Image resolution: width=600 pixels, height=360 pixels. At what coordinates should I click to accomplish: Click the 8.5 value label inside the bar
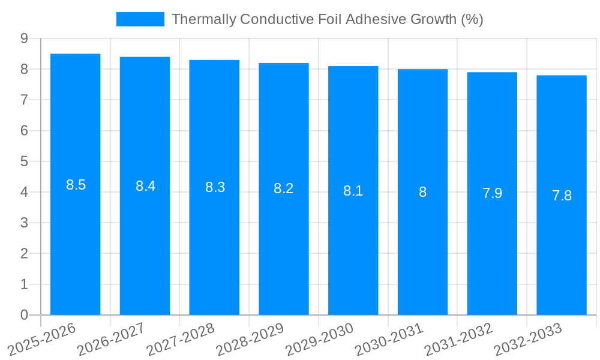[x=76, y=185]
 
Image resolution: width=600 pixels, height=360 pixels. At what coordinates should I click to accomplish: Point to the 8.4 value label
[x=145, y=186]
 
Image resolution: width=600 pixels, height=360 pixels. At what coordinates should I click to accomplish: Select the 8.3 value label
[x=215, y=187]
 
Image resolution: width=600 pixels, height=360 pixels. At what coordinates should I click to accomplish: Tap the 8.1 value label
[x=353, y=191]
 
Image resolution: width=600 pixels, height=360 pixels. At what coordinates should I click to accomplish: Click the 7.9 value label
[x=492, y=193]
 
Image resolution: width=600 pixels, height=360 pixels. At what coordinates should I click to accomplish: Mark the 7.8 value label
[x=562, y=196]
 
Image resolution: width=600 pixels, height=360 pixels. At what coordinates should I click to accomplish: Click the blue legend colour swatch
[x=140, y=19]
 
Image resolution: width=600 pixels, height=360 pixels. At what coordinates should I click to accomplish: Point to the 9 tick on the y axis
[x=25, y=38]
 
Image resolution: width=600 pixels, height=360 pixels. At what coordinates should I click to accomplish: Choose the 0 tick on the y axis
[x=25, y=315]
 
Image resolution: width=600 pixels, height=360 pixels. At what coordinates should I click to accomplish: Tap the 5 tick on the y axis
[x=25, y=161]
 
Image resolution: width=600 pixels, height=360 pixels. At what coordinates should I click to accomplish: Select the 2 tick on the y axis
[x=25, y=254]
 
